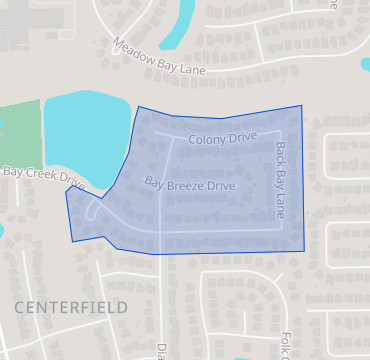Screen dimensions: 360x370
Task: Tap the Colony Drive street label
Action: click(222, 138)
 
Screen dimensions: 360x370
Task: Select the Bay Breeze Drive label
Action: click(190, 185)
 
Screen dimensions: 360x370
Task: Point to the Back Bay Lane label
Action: click(280, 180)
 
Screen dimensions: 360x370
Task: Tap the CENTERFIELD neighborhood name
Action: click(71, 307)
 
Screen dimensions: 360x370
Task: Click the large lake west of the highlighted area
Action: click(85, 135)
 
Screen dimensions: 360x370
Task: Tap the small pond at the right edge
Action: click(365, 64)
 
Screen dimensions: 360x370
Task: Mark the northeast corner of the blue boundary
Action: click(300, 105)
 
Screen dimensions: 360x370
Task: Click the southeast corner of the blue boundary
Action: click(305, 249)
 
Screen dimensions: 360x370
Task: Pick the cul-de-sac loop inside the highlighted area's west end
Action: click(96, 212)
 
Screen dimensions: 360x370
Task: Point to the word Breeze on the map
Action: click(190, 185)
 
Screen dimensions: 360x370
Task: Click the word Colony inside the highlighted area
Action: click(207, 139)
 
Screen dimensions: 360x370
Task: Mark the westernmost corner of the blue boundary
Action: click(66, 191)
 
